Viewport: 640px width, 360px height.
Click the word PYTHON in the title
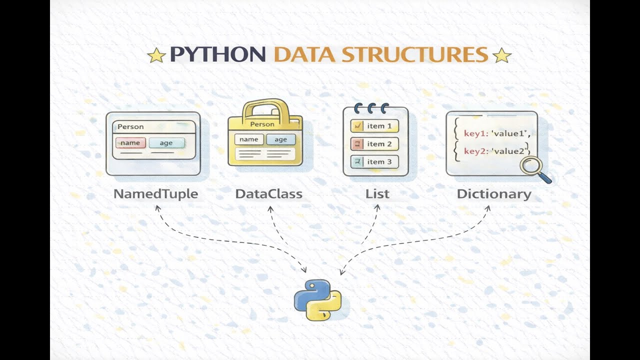217,54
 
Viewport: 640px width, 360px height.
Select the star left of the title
156,55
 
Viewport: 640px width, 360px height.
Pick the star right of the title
501,55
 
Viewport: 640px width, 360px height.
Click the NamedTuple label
155,194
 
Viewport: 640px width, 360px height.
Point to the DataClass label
269,194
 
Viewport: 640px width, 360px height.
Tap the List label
377,194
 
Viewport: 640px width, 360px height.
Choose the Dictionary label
494,194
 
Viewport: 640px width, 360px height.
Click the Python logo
318,299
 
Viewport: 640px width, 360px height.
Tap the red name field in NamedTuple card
130,143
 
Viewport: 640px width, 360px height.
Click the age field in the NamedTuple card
166,143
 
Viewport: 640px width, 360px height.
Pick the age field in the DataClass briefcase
280,139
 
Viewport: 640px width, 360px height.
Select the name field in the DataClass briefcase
249,139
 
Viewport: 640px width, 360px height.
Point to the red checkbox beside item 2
357,144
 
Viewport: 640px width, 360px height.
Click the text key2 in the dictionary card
474,151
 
